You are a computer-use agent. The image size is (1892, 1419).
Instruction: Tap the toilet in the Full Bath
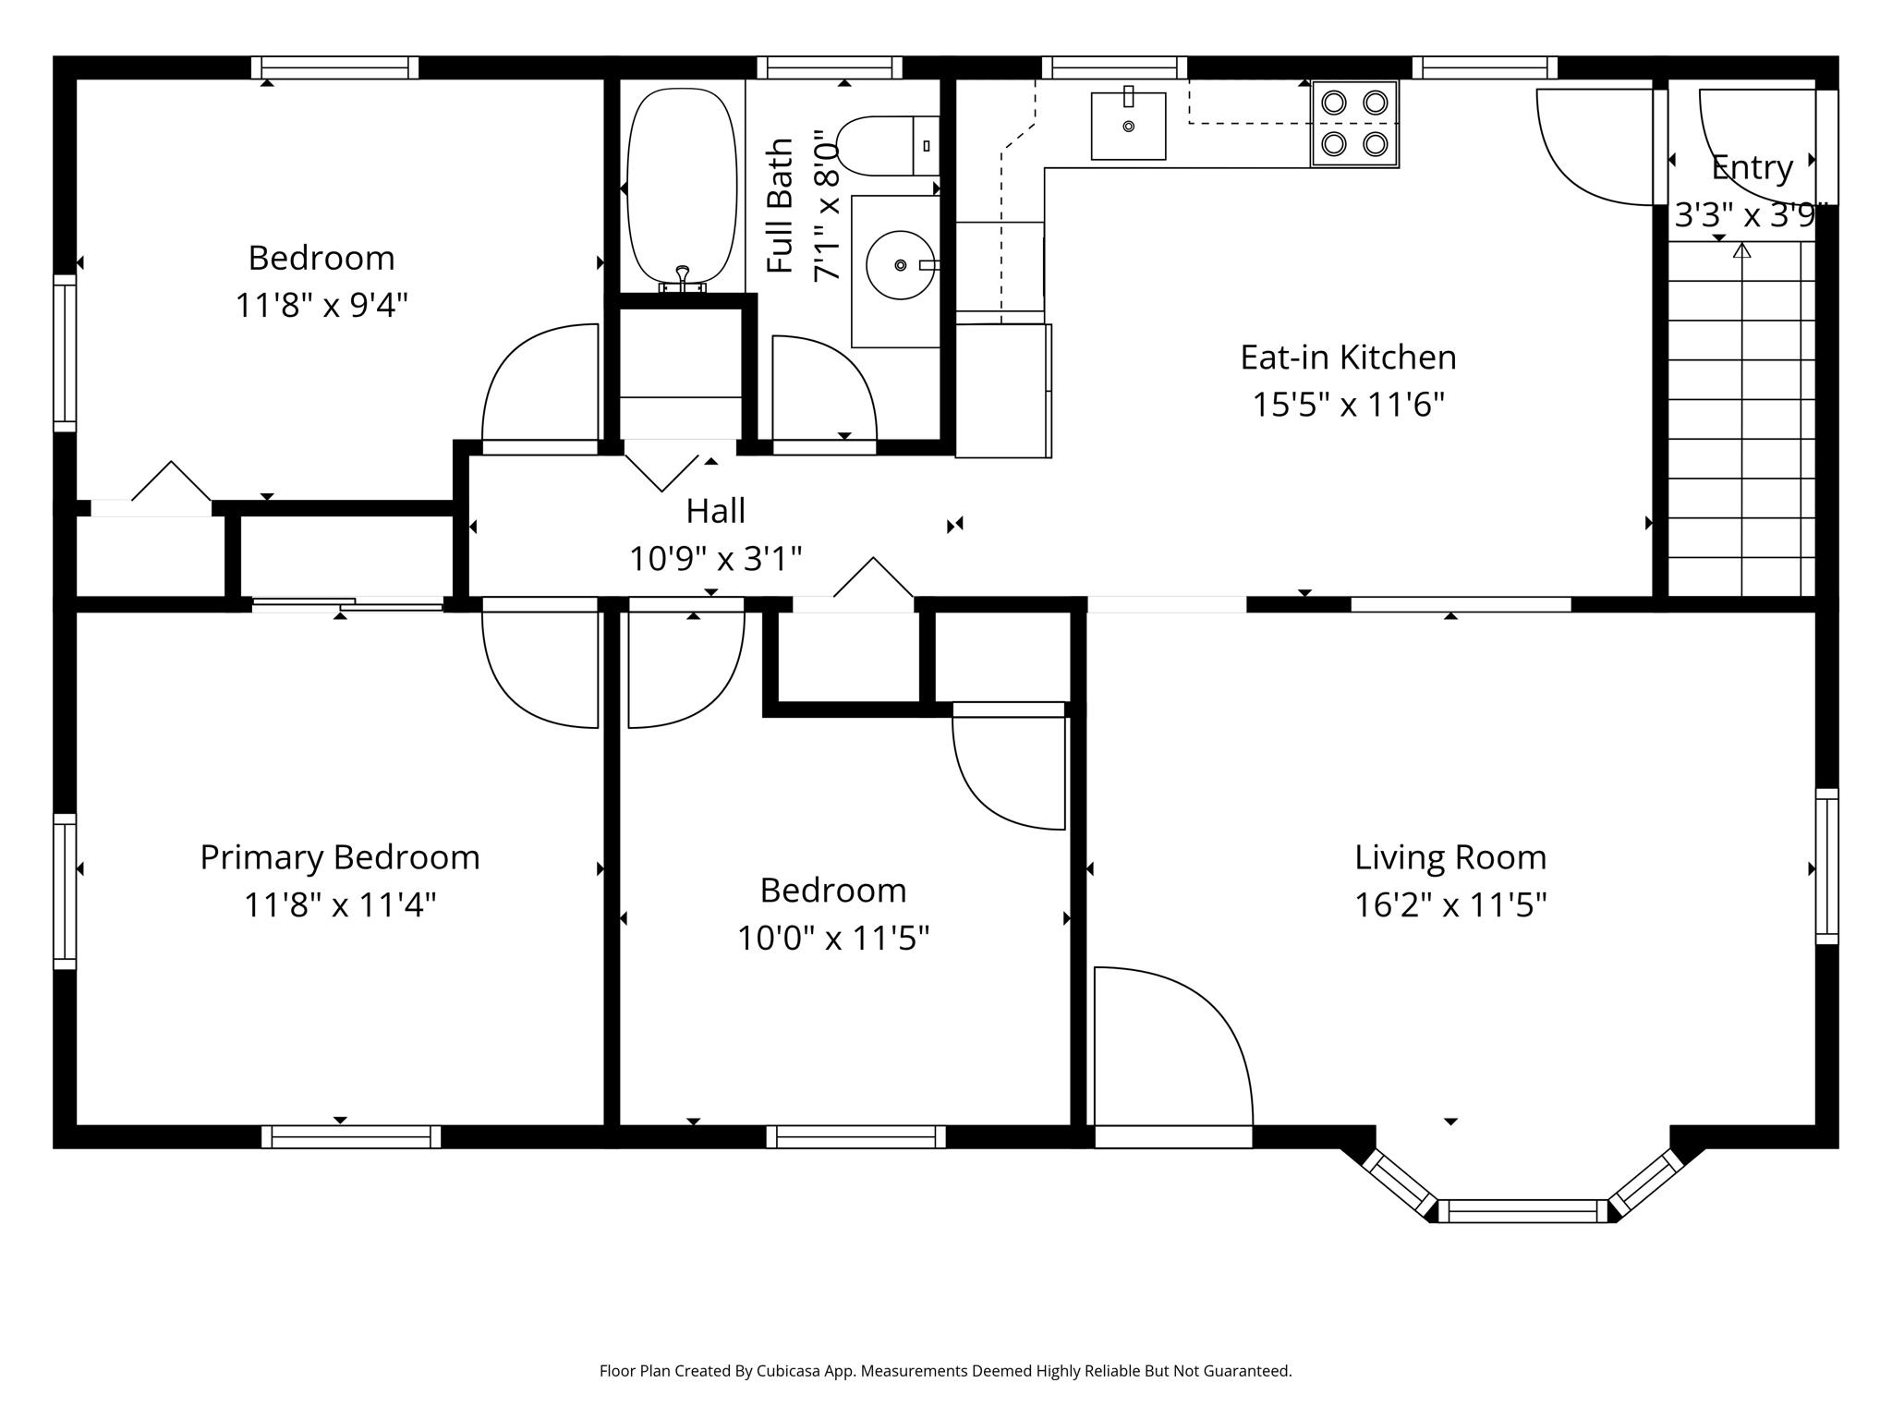pos(882,146)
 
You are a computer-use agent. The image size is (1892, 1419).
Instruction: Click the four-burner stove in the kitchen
pos(1354,124)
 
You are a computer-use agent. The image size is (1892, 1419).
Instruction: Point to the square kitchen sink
pos(1128,127)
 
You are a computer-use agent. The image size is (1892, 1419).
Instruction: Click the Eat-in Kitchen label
pos(1348,358)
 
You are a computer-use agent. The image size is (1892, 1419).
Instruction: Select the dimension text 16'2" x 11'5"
pos(1450,904)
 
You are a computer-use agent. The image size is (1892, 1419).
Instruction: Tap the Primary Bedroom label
pos(340,857)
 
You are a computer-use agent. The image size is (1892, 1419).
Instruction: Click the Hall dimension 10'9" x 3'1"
pos(715,558)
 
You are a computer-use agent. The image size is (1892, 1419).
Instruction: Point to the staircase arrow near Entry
pos(1741,251)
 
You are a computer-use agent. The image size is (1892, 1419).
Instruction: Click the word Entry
pos(1752,168)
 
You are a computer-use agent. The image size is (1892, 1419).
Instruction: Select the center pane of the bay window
pos(1523,1211)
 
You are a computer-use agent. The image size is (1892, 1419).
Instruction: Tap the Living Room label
pos(1450,857)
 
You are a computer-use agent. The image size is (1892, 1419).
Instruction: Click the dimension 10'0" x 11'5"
pos(832,939)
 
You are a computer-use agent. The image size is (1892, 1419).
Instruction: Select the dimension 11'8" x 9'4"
pos(321,305)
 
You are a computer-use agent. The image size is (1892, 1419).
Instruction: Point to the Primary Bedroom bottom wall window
pos(351,1136)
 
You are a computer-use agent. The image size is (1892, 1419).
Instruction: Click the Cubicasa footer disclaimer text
pos(945,1371)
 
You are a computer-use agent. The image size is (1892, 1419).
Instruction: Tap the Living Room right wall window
pos(1826,867)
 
